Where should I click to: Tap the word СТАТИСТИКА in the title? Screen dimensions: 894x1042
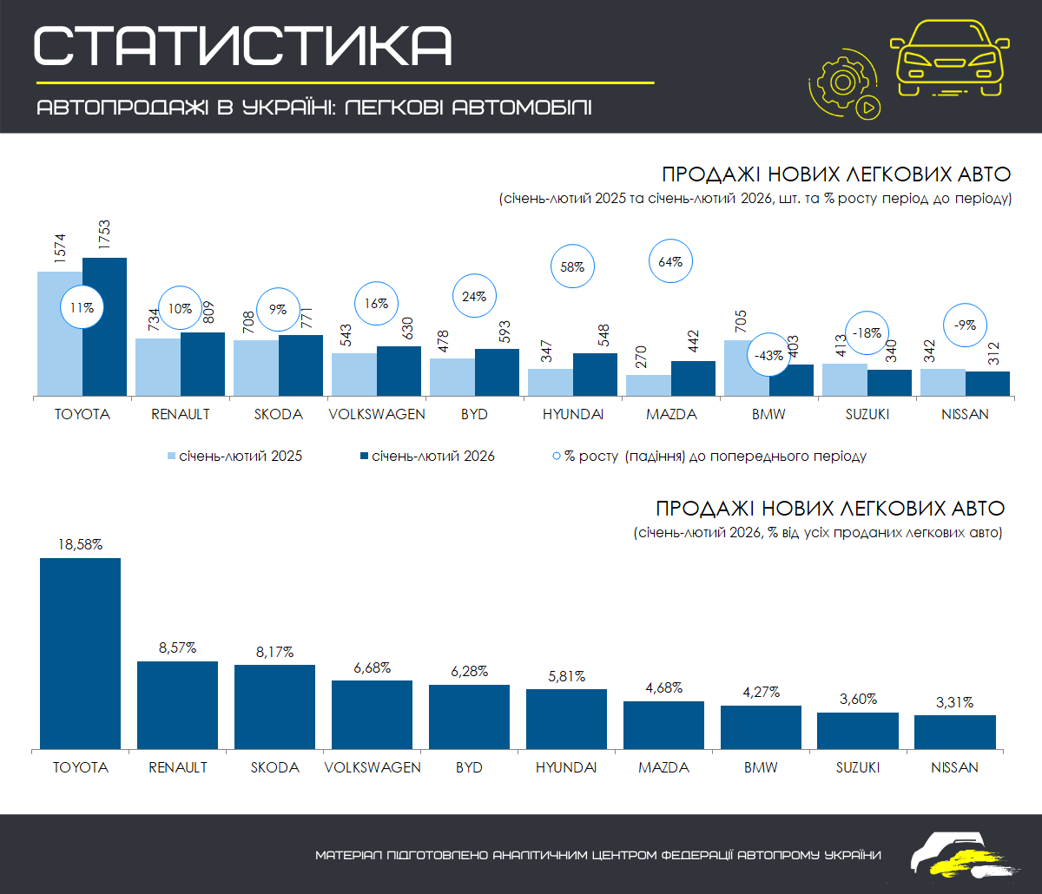click(243, 45)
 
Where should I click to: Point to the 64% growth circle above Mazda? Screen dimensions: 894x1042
click(670, 261)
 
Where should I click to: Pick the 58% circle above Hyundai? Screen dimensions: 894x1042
click(572, 267)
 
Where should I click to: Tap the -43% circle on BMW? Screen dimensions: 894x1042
click(767, 355)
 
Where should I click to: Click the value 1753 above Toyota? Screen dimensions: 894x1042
click(103, 234)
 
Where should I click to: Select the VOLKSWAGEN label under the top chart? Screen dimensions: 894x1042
click(377, 414)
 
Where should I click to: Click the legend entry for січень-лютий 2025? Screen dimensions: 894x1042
click(234, 456)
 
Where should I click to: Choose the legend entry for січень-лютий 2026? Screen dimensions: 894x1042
click(426, 456)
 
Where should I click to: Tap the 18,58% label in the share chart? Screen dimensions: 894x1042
click(80, 545)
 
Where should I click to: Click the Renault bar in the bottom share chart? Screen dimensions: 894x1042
click(177, 704)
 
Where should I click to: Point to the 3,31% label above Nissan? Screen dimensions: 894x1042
click(954, 702)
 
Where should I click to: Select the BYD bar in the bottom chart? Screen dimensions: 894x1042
click(469, 716)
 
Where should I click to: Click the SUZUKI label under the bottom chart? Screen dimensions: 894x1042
click(858, 767)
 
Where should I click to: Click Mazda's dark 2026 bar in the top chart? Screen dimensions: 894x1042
click(693, 378)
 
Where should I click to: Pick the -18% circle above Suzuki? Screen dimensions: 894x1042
click(867, 332)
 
